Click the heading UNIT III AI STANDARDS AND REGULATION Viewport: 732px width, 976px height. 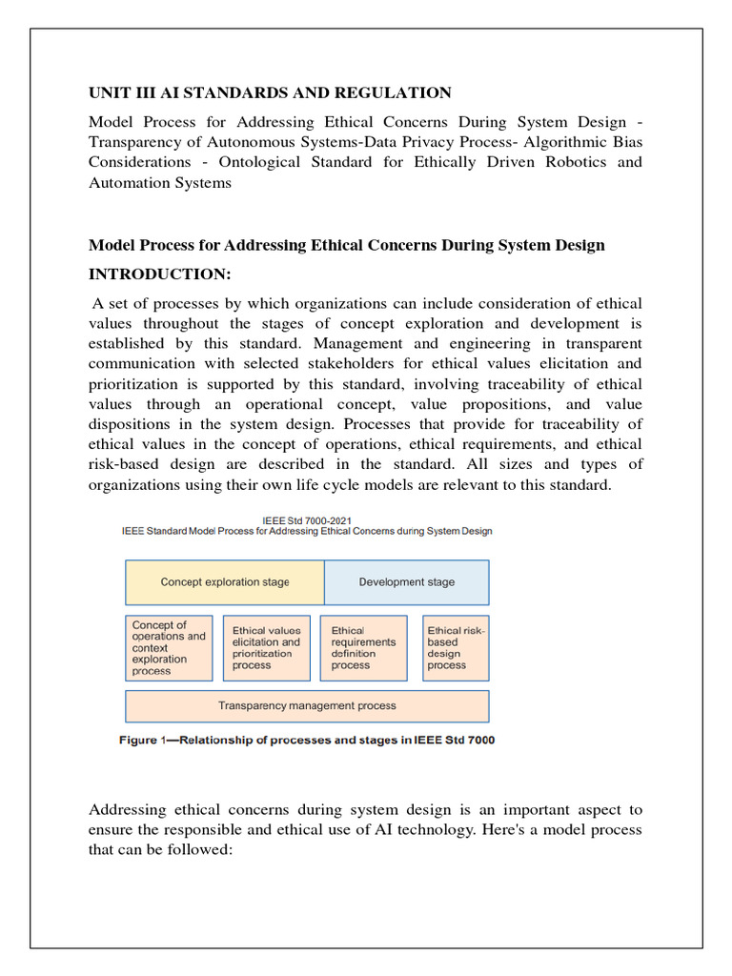(x=270, y=92)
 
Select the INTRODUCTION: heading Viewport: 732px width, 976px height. (x=159, y=274)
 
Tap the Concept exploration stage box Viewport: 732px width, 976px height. (x=225, y=582)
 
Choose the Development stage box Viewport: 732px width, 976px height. (x=406, y=582)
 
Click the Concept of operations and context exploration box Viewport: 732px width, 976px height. (x=169, y=648)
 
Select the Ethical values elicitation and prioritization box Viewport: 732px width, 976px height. (x=266, y=648)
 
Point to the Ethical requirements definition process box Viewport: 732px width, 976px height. (x=363, y=648)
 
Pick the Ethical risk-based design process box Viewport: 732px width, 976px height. (x=456, y=648)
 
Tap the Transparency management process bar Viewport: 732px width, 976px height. (x=307, y=706)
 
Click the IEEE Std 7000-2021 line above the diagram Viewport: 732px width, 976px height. (x=306, y=518)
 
